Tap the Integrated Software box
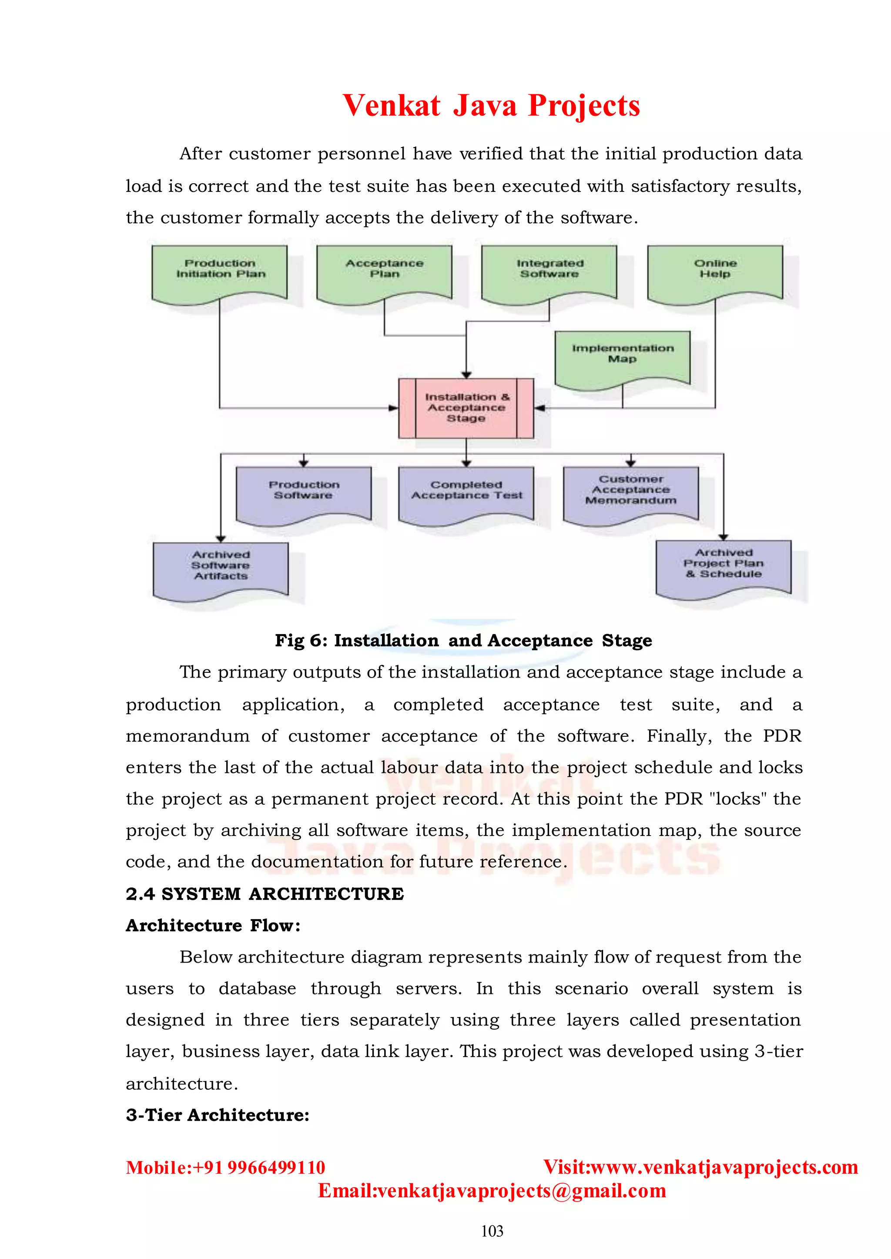pos(549,271)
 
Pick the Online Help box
pos(715,271)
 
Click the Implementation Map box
pos(623,357)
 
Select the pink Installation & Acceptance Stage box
pos(466,408)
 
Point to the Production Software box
pos(303,493)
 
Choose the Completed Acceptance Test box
pos(466,493)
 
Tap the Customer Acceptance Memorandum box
pos(631,492)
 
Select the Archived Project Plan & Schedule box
pos(724,566)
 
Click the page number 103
pos(492,1232)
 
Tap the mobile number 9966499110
pos(276,1167)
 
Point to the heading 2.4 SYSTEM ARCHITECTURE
pos(265,894)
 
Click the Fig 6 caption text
pos(464,641)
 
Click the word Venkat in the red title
pos(391,105)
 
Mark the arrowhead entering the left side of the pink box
pos(393,408)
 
